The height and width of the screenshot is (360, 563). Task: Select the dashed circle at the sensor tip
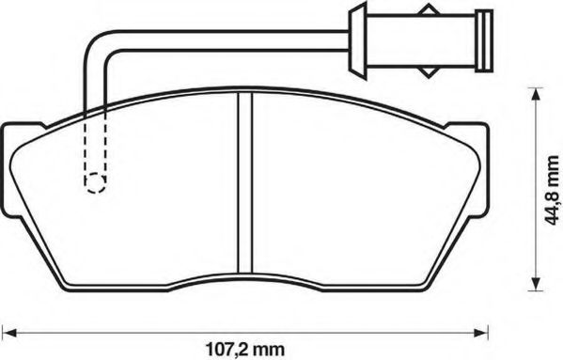pos(93,182)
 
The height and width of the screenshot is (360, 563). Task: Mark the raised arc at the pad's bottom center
pos(247,281)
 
